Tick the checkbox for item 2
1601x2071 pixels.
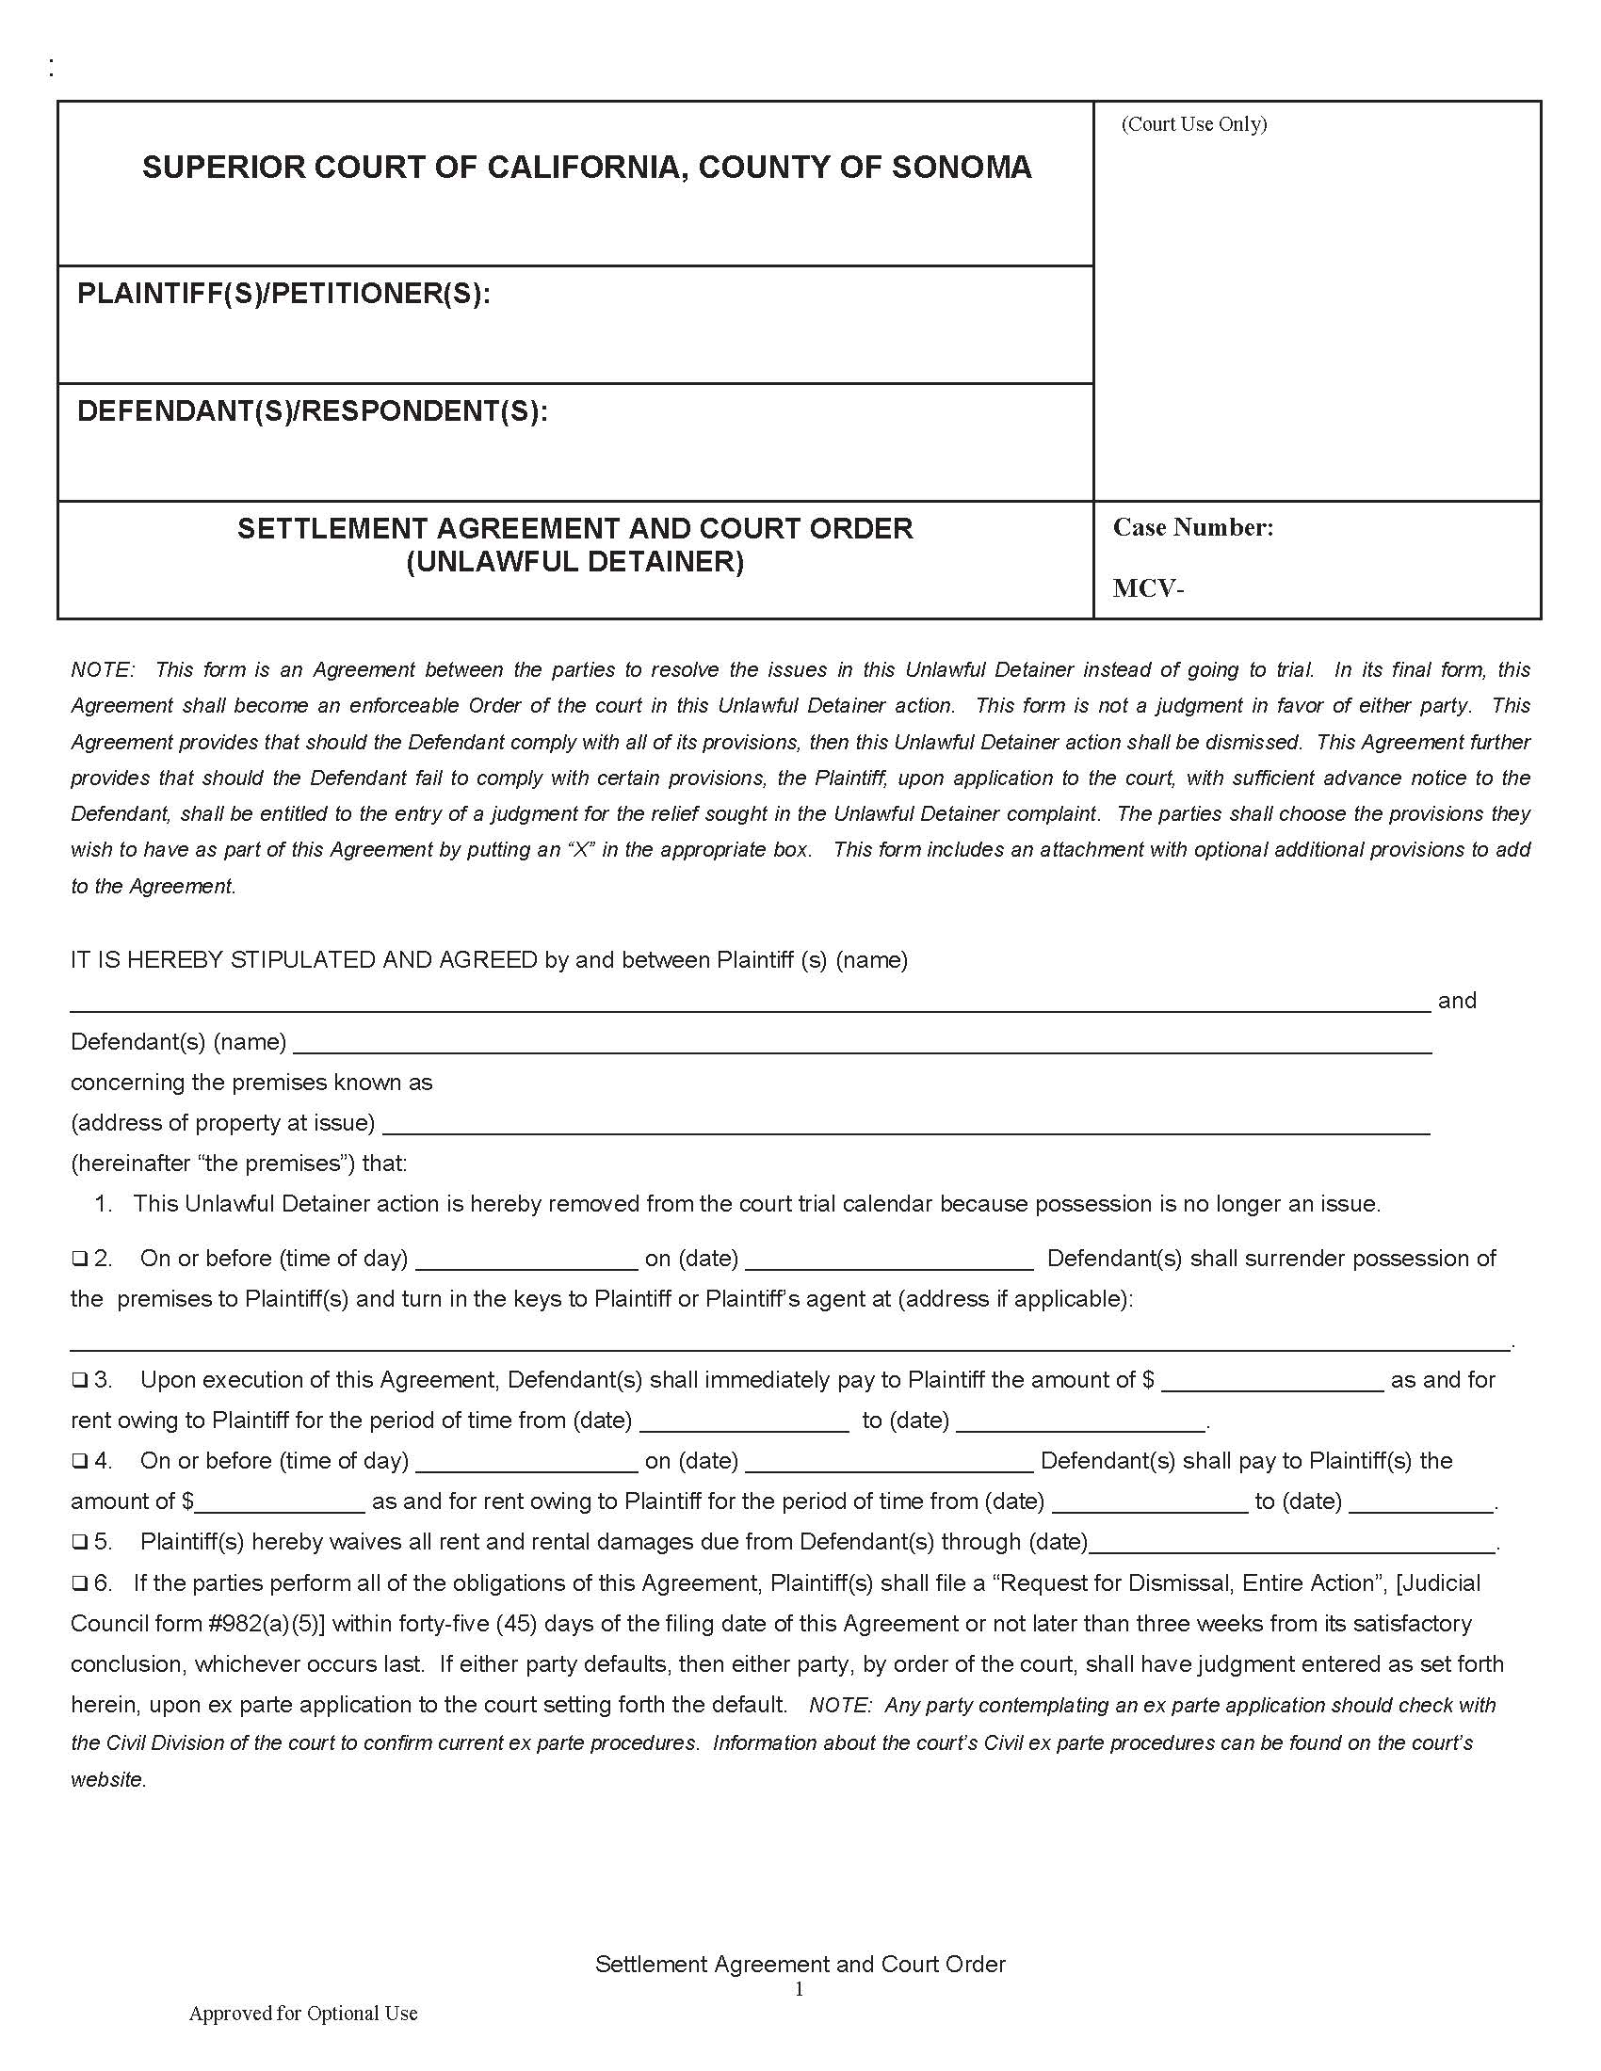[79, 1260]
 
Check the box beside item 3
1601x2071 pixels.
[79, 1381]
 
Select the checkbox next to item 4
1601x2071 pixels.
[79, 1461]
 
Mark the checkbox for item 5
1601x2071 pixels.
[79, 1543]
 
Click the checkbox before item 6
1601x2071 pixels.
[79, 1583]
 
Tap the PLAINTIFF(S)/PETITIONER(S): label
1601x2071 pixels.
[283, 294]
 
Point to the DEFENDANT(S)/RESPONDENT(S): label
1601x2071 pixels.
[312, 411]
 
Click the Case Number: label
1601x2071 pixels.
[1192, 528]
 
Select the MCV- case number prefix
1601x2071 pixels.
[1148, 589]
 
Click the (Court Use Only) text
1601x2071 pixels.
[1193, 124]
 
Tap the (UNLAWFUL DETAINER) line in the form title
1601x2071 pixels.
[574, 562]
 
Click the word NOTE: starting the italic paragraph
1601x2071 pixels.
[103, 670]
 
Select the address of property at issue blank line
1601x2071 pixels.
[905, 1126]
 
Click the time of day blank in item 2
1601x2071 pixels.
[526, 1261]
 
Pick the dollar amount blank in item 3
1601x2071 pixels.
[1272, 1383]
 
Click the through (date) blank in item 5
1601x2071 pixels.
[1292, 1545]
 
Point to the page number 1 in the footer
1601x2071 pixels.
[799, 1988]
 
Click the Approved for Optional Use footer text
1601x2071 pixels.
[302, 2014]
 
